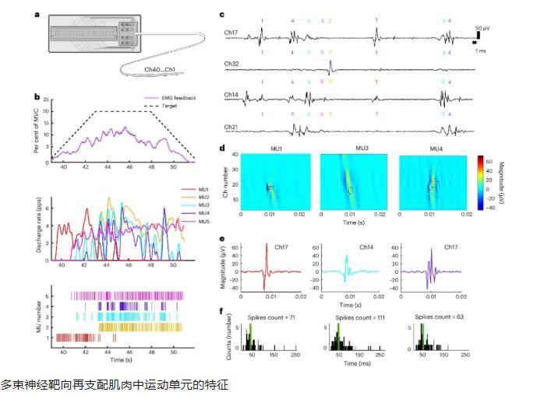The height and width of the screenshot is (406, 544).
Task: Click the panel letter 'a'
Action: click(37, 14)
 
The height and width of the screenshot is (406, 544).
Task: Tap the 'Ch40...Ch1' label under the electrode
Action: click(162, 70)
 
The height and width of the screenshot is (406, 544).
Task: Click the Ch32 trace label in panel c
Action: click(231, 63)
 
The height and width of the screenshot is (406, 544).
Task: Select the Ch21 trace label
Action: click(231, 125)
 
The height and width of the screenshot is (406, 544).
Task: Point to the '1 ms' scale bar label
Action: click(483, 49)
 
